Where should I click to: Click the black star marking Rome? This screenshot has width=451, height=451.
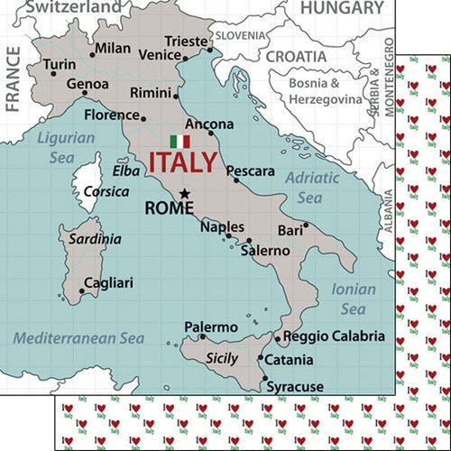pyautogui.click(x=184, y=192)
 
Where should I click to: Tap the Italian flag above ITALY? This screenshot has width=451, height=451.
pyautogui.click(x=180, y=142)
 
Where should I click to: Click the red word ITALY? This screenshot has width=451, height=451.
pyautogui.click(x=182, y=163)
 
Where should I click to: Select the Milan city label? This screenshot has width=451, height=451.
pyautogui.click(x=112, y=48)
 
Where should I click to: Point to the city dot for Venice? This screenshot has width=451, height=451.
pyautogui.click(x=185, y=59)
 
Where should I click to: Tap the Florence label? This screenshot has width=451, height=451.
pyautogui.click(x=110, y=115)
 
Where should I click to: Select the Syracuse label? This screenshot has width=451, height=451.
pyautogui.click(x=294, y=387)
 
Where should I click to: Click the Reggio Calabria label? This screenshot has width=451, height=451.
pyautogui.click(x=333, y=336)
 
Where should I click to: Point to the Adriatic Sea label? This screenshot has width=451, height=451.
pyautogui.click(x=312, y=187)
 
